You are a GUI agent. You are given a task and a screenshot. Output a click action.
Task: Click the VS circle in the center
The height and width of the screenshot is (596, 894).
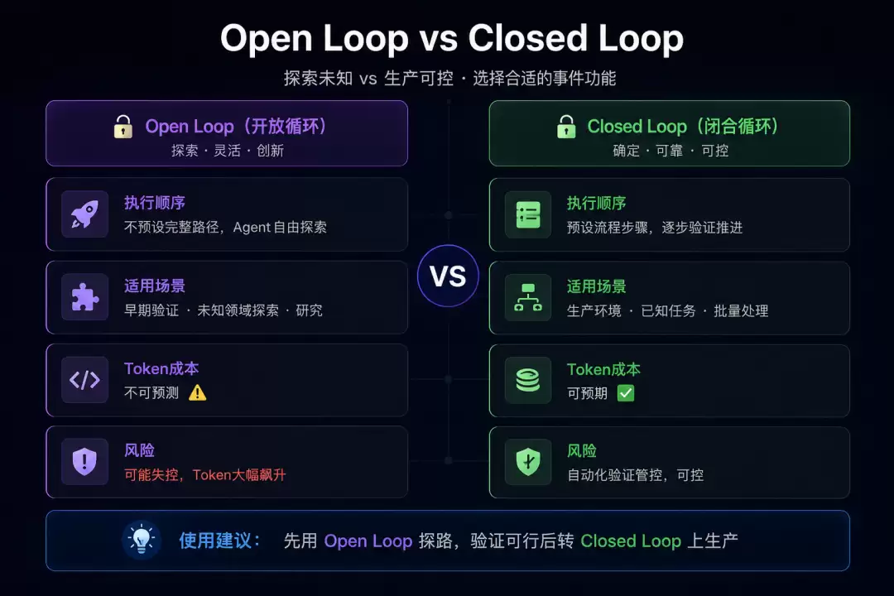click(448, 276)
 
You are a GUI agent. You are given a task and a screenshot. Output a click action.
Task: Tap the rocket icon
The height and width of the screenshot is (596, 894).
click(85, 214)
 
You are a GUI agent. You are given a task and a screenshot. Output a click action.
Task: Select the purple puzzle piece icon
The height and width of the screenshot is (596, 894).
click(85, 297)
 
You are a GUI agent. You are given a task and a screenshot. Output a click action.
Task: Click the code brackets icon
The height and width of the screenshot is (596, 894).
click(85, 380)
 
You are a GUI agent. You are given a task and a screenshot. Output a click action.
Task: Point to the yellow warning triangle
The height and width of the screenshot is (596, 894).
click(197, 392)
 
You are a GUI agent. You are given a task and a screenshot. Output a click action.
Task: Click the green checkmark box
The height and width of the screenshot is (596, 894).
click(626, 393)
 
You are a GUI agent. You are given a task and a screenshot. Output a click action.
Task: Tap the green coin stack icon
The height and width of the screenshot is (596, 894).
click(528, 381)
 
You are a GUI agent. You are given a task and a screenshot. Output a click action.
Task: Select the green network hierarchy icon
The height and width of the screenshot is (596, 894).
click(528, 298)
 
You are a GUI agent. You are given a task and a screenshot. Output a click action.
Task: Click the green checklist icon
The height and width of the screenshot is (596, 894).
click(528, 215)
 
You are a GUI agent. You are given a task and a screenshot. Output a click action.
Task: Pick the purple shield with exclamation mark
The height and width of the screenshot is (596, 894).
click(85, 461)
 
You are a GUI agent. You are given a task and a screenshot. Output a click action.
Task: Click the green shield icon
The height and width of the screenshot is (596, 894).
click(528, 462)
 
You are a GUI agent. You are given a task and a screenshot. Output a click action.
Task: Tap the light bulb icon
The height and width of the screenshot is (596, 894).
click(142, 540)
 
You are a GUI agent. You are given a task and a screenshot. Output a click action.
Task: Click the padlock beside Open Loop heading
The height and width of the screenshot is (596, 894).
click(123, 127)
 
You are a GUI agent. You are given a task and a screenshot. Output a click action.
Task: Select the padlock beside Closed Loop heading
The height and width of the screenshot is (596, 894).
click(566, 127)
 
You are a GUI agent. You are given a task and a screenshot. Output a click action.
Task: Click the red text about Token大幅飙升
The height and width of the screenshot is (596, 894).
click(205, 474)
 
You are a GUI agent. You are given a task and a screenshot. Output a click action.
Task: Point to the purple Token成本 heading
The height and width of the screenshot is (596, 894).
click(161, 368)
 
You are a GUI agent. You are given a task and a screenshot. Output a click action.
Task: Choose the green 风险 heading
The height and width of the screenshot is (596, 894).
click(582, 450)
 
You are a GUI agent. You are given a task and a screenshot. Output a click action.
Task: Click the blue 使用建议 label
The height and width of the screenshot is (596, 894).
click(219, 540)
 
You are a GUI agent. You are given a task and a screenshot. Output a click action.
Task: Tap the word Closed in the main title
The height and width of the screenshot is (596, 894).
click(527, 38)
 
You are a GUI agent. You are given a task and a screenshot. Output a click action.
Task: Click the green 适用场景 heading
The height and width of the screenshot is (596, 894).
click(596, 286)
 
